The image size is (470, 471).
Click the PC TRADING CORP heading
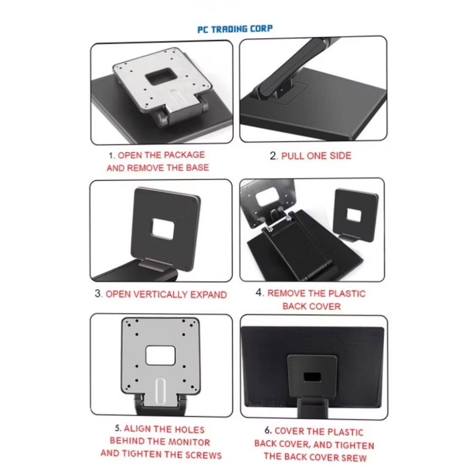pos(235,29)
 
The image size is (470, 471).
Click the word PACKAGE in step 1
pos(184,155)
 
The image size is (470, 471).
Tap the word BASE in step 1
pos(197,168)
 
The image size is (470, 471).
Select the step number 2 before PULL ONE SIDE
pos(273,156)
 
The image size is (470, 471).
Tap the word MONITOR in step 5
pos(189,442)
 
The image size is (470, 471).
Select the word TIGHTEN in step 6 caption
pos(355,445)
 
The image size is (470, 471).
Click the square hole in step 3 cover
pos(163,230)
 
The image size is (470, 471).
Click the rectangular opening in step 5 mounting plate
pos(160,355)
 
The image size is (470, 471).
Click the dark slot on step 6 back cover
pos(312,375)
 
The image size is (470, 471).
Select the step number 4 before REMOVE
pos(259,293)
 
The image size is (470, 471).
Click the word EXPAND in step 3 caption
pos(208,294)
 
